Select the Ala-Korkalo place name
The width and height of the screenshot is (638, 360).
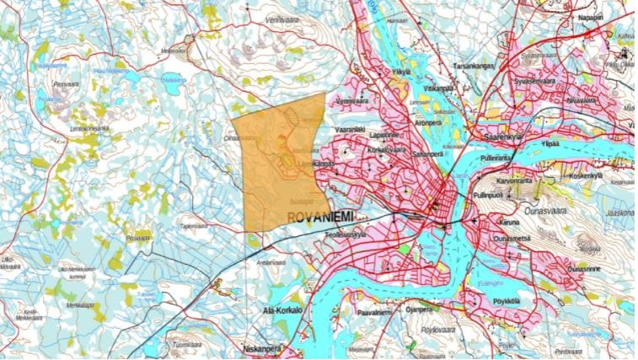281,310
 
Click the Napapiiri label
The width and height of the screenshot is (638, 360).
590,17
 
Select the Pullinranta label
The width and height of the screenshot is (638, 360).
496,157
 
